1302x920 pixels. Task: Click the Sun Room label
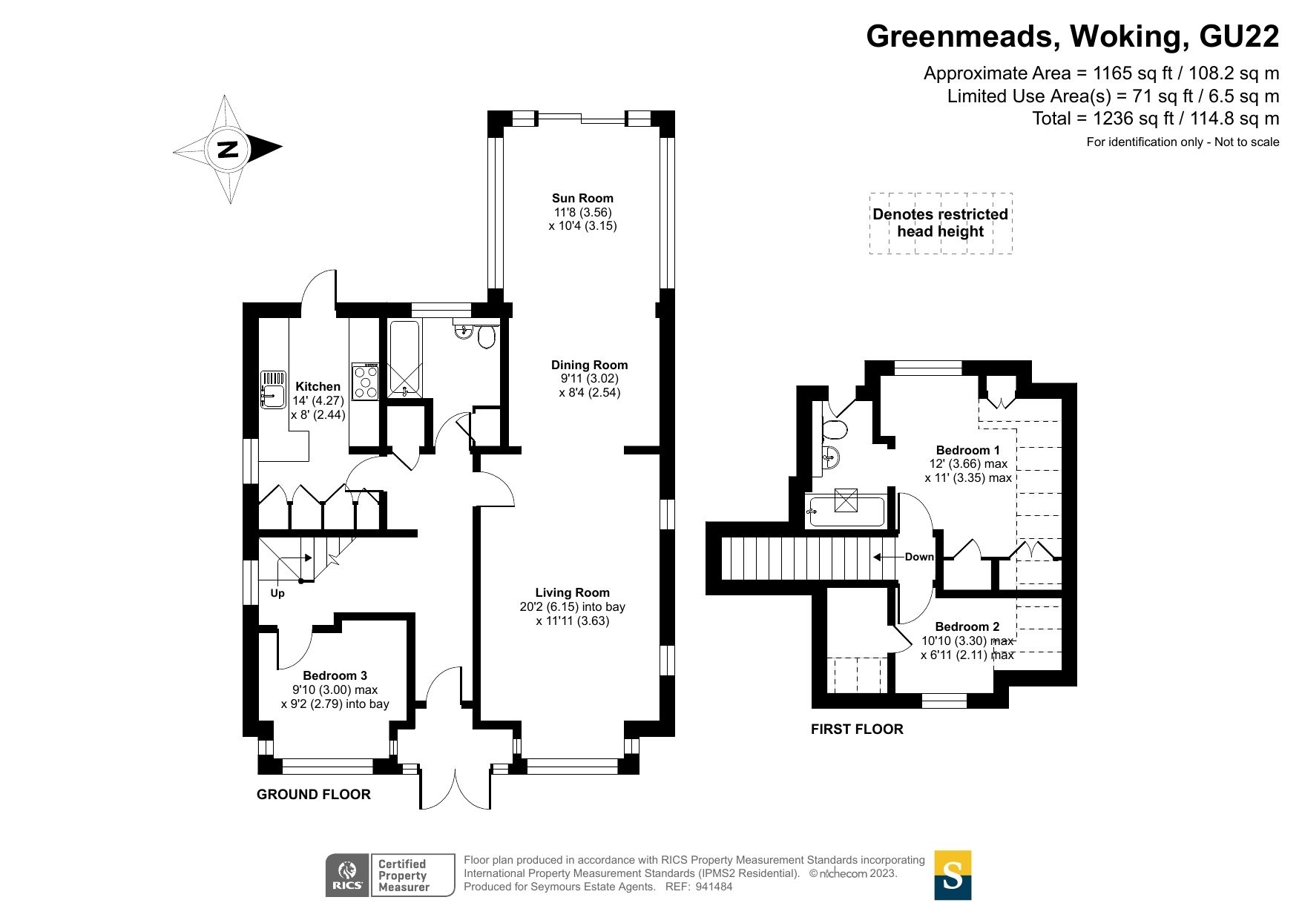click(582, 198)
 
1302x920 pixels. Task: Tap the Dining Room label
click(589, 365)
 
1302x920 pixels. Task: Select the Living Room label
click(572, 592)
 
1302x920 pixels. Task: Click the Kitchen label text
click(318, 386)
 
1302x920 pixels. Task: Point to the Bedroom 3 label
click(335, 675)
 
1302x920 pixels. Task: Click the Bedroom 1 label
click(967, 450)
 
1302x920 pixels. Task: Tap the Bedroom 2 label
click(967, 626)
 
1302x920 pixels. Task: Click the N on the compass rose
click(227, 149)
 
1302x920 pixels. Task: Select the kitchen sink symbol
click(272, 389)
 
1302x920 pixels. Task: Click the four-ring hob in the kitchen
click(366, 383)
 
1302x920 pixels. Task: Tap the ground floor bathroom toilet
click(487, 338)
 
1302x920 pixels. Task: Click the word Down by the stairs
click(918, 557)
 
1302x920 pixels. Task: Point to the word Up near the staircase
click(277, 593)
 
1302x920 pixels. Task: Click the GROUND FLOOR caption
click(313, 794)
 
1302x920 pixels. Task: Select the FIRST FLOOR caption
click(856, 729)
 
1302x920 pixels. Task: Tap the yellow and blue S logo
click(952, 875)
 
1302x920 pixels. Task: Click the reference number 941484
click(714, 887)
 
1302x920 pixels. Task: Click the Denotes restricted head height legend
click(940, 222)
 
